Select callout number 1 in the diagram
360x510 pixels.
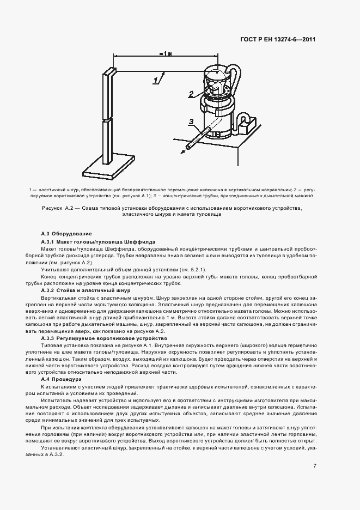pyautogui.click(x=157, y=80)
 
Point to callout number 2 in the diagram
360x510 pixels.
pyautogui.click(x=192, y=94)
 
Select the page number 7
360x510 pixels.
pyautogui.click(x=315, y=451)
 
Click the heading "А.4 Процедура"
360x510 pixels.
pyautogui.click(x=61, y=379)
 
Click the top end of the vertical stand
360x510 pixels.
pyautogui.click(x=111, y=70)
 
